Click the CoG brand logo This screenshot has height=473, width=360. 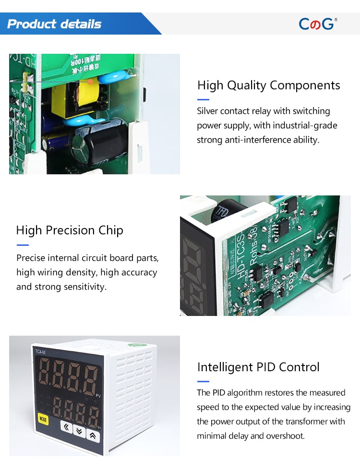point(318,24)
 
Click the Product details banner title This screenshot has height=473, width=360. point(54,24)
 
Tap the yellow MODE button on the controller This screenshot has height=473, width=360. point(43,420)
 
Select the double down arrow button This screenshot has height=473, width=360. point(79,431)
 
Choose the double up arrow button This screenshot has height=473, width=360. point(93,436)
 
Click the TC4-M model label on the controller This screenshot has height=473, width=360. point(40,352)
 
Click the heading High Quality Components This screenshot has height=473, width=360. point(269,85)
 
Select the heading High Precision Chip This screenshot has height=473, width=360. point(70,230)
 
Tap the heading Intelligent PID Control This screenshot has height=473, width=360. point(258,367)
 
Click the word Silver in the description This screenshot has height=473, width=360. point(207,111)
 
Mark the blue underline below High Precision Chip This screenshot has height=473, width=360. point(23,245)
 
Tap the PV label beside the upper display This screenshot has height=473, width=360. point(98,396)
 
